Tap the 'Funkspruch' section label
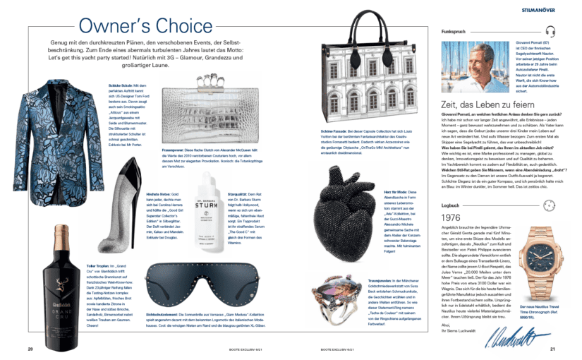454,32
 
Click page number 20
30,348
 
